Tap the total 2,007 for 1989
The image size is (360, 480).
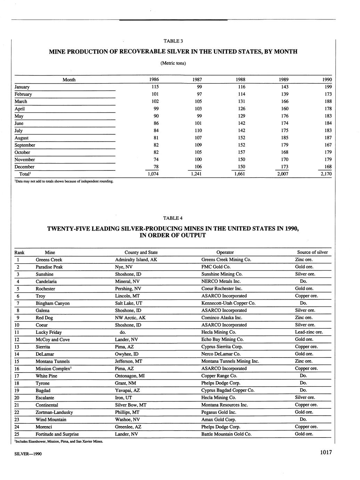283,174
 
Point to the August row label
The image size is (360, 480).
22,138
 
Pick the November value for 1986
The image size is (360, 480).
156,160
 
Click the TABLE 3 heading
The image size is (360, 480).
173,41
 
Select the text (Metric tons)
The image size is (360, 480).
173,63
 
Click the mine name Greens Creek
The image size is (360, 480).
49,260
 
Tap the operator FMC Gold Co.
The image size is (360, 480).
216,267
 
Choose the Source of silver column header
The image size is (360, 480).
312,253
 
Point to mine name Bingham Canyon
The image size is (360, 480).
52,303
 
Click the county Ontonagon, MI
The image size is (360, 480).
130,376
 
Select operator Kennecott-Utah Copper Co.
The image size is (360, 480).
228,303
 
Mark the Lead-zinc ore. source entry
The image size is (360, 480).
309,332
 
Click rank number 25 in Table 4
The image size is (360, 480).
17,434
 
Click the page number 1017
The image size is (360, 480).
324,453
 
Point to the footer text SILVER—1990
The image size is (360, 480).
28,454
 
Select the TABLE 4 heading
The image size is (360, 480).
173,218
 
